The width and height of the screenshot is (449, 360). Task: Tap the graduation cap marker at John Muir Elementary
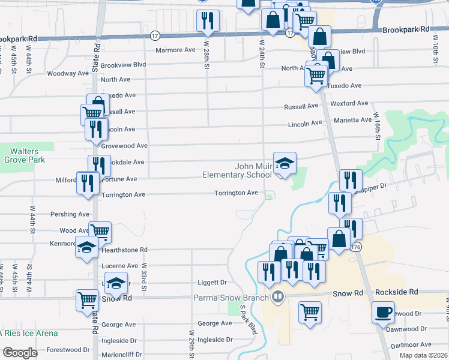pos(285,163)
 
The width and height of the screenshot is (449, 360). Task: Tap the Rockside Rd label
pos(396,292)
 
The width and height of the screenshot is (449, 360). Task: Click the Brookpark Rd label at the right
pos(406,29)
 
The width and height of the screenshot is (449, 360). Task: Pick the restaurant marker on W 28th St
pos(208,21)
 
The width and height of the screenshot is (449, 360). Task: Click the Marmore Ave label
pos(176,50)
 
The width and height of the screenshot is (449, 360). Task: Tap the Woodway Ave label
pos(68,73)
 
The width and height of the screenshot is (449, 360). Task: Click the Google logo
pos(20,353)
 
